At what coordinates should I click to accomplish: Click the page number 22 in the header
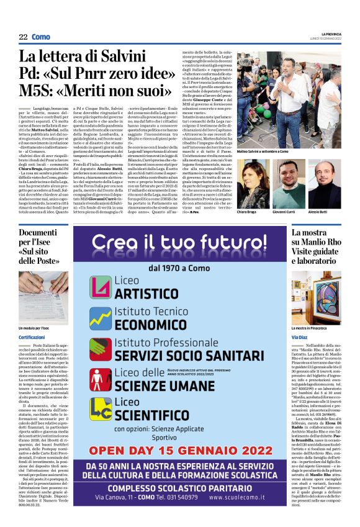click(x=22, y=37)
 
